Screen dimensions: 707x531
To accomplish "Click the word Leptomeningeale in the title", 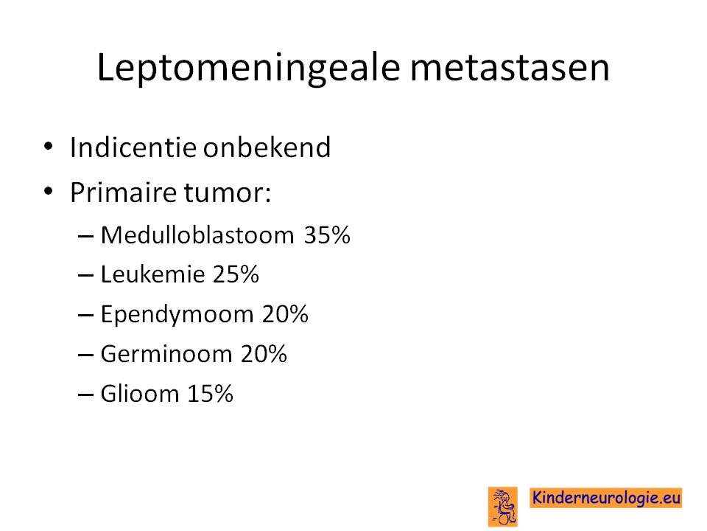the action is [248, 68].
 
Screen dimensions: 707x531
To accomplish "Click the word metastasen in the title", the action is [510, 68].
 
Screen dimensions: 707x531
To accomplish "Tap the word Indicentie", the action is [133, 147].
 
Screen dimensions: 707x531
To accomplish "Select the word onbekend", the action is [267, 147].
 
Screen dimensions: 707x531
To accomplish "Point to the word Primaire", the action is [123, 192].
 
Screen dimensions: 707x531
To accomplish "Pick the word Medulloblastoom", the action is [197, 235].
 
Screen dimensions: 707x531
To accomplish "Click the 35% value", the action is [327, 235].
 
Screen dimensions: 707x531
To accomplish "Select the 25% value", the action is [236, 274].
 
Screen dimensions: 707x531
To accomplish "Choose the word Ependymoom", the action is [177, 314].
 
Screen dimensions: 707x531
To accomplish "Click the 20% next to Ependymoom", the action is [285, 314].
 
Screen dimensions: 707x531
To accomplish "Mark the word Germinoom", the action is [166, 353].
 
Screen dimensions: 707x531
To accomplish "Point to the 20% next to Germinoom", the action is [264, 354].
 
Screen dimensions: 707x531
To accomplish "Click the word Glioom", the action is [140, 393].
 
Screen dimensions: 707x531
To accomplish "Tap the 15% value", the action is [210, 394].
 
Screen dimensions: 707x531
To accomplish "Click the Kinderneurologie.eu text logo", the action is [606, 498].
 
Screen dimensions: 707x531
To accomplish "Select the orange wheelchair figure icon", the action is [503, 507].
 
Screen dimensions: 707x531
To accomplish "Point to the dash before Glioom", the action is [85, 394].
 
